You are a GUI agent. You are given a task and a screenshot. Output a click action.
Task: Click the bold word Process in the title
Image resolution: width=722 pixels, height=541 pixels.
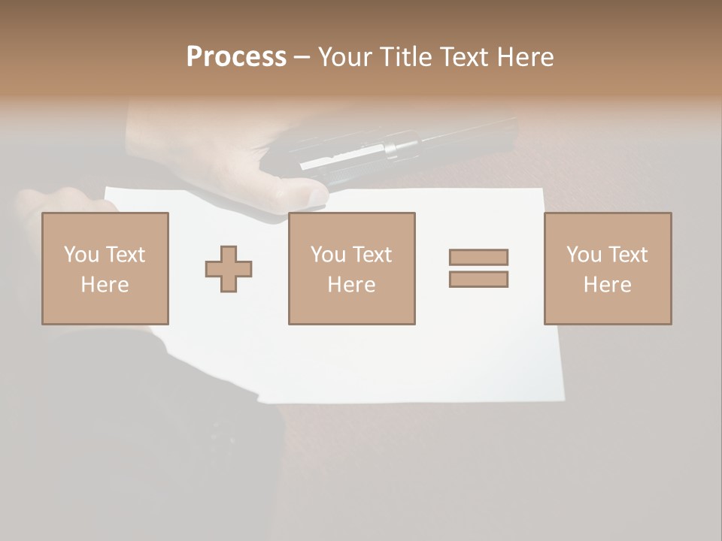pyautogui.click(x=236, y=57)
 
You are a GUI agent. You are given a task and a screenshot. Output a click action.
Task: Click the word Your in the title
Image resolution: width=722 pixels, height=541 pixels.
pyautogui.click(x=346, y=57)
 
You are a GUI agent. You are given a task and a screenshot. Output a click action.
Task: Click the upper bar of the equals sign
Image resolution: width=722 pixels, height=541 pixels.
pyautogui.click(x=478, y=257)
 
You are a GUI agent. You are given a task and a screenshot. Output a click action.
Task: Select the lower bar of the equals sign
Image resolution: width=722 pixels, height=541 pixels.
pyautogui.click(x=478, y=279)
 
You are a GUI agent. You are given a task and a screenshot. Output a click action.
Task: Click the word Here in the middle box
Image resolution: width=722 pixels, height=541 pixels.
pyautogui.click(x=352, y=285)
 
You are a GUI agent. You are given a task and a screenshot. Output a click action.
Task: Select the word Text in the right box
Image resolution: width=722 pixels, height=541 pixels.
pyautogui.click(x=627, y=255)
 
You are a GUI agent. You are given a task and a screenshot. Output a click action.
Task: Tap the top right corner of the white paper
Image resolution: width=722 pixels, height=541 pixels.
pyautogui.click(x=543, y=189)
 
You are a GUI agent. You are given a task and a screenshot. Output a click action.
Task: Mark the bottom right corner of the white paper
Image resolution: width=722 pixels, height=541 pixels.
pyautogui.click(x=563, y=399)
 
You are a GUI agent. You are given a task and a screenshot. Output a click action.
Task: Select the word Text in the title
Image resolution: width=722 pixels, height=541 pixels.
pyautogui.click(x=464, y=57)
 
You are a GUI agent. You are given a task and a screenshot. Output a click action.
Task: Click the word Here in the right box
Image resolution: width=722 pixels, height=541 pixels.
pyautogui.click(x=608, y=285)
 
